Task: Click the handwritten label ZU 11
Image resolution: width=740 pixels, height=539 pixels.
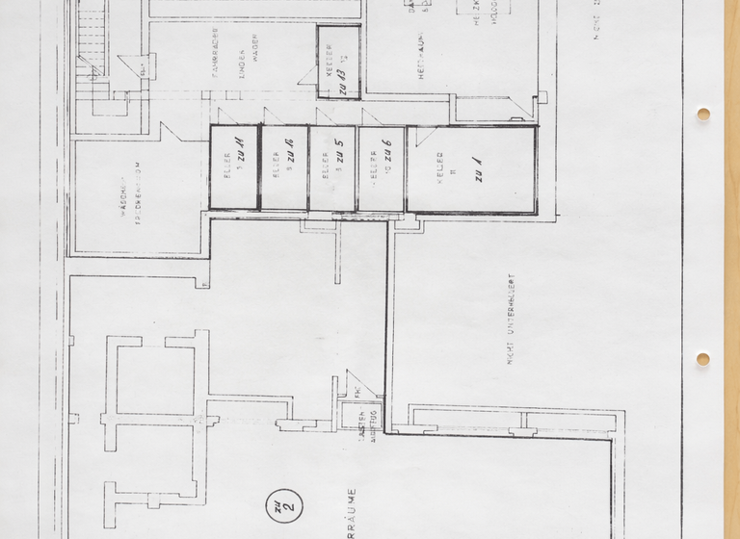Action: pos(242,154)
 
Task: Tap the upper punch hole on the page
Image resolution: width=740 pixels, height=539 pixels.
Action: pos(703,115)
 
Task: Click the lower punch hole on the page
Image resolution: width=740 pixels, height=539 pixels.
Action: pos(703,359)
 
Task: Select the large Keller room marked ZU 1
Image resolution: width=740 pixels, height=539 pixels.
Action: pos(471,169)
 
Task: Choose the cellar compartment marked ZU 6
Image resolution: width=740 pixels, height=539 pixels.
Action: pos(382,168)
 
